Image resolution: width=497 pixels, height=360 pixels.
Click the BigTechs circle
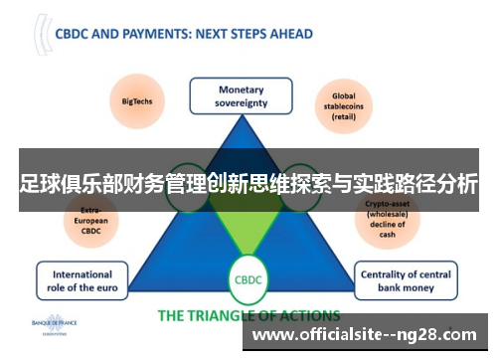point(135,100)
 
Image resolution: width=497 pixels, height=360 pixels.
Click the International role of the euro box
point(83,280)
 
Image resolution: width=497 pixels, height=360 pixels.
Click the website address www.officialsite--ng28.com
point(367,336)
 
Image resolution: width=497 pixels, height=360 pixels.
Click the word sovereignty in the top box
point(241,102)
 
